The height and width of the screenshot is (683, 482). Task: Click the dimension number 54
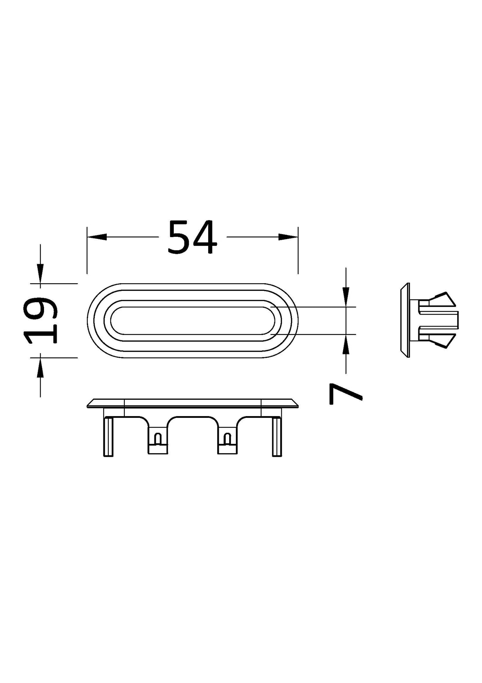pos(192,237)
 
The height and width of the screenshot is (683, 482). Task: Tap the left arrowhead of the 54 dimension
pos(97,237)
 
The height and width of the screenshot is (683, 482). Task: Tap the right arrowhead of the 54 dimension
pos(288,237)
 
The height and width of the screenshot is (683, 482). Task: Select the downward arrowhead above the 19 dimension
pos(40,274)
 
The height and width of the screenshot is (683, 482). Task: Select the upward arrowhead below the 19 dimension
pos(40,367)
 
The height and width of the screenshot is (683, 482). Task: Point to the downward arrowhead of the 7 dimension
pos(346,297)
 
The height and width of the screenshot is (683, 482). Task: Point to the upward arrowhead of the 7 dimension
pos(346,344)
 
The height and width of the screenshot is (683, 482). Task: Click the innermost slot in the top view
pos(192,320)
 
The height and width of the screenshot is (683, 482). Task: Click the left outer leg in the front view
pos(109,436)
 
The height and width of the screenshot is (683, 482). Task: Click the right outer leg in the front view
pos(277,436)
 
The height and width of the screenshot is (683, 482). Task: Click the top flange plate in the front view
pos(192,403)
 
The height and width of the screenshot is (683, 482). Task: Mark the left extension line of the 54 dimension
pos(87,250)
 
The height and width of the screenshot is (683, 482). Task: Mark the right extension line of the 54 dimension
pos(298,250)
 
